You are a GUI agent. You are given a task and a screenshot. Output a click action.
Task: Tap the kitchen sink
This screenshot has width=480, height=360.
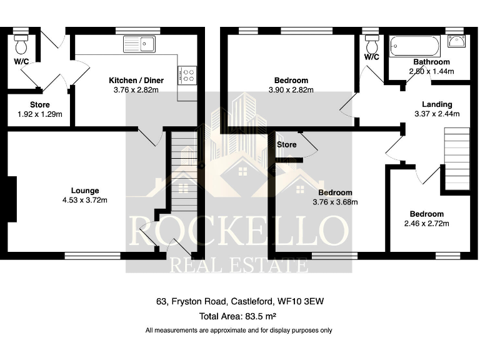(139, 44)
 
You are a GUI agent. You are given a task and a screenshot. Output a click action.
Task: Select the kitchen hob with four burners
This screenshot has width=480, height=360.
(187, 75)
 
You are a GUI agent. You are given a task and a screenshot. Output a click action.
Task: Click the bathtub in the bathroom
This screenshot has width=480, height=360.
(414, 46)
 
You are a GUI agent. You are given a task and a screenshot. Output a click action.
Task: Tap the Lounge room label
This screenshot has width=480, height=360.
(85, 191)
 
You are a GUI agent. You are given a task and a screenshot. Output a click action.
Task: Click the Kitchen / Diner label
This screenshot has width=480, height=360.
(134, 81)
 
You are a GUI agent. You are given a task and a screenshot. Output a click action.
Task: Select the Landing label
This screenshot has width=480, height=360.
(437, 104)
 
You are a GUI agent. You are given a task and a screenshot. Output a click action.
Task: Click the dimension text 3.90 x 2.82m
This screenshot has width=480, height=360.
(291, 90)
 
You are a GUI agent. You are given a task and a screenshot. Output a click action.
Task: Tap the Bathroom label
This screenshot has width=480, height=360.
(431, 62)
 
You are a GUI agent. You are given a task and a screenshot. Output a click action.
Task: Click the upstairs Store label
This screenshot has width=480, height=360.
(286, 145)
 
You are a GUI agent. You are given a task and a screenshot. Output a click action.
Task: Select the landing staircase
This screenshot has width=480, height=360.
(456, 159)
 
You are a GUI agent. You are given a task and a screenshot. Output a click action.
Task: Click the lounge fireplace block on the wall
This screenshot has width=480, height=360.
(11, 199)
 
